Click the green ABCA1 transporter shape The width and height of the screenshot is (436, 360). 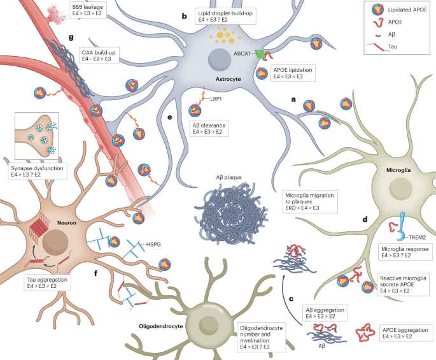tap(260, 54)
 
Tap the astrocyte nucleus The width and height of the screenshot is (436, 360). tap(220, 60)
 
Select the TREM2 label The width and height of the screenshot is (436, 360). tap(417, 238)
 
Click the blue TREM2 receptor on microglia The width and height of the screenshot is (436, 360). tap(402, 226)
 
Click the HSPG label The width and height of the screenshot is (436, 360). tap(153, 245)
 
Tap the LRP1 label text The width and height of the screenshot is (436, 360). tap(216, 99)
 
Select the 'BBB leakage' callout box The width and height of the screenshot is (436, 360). tap(88, 10)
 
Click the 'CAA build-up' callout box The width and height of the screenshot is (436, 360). tap(99, 55)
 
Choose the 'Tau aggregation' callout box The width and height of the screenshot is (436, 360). tap(47, 283)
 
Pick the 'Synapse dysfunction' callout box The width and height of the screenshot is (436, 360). tap(38, 171)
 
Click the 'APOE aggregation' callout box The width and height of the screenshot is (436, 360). tap(405, 333)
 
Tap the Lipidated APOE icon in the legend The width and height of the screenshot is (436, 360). tap(378, 10)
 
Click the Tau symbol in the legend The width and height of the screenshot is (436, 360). tap(377, 47)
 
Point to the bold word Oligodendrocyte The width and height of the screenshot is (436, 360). tap(161, 326)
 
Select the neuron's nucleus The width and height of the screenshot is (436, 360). tap(55, 243)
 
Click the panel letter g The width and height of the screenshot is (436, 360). tap(71, 37)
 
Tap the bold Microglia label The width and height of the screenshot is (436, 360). tap(398, 170)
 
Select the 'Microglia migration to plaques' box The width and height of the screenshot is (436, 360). tap(310, 201)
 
